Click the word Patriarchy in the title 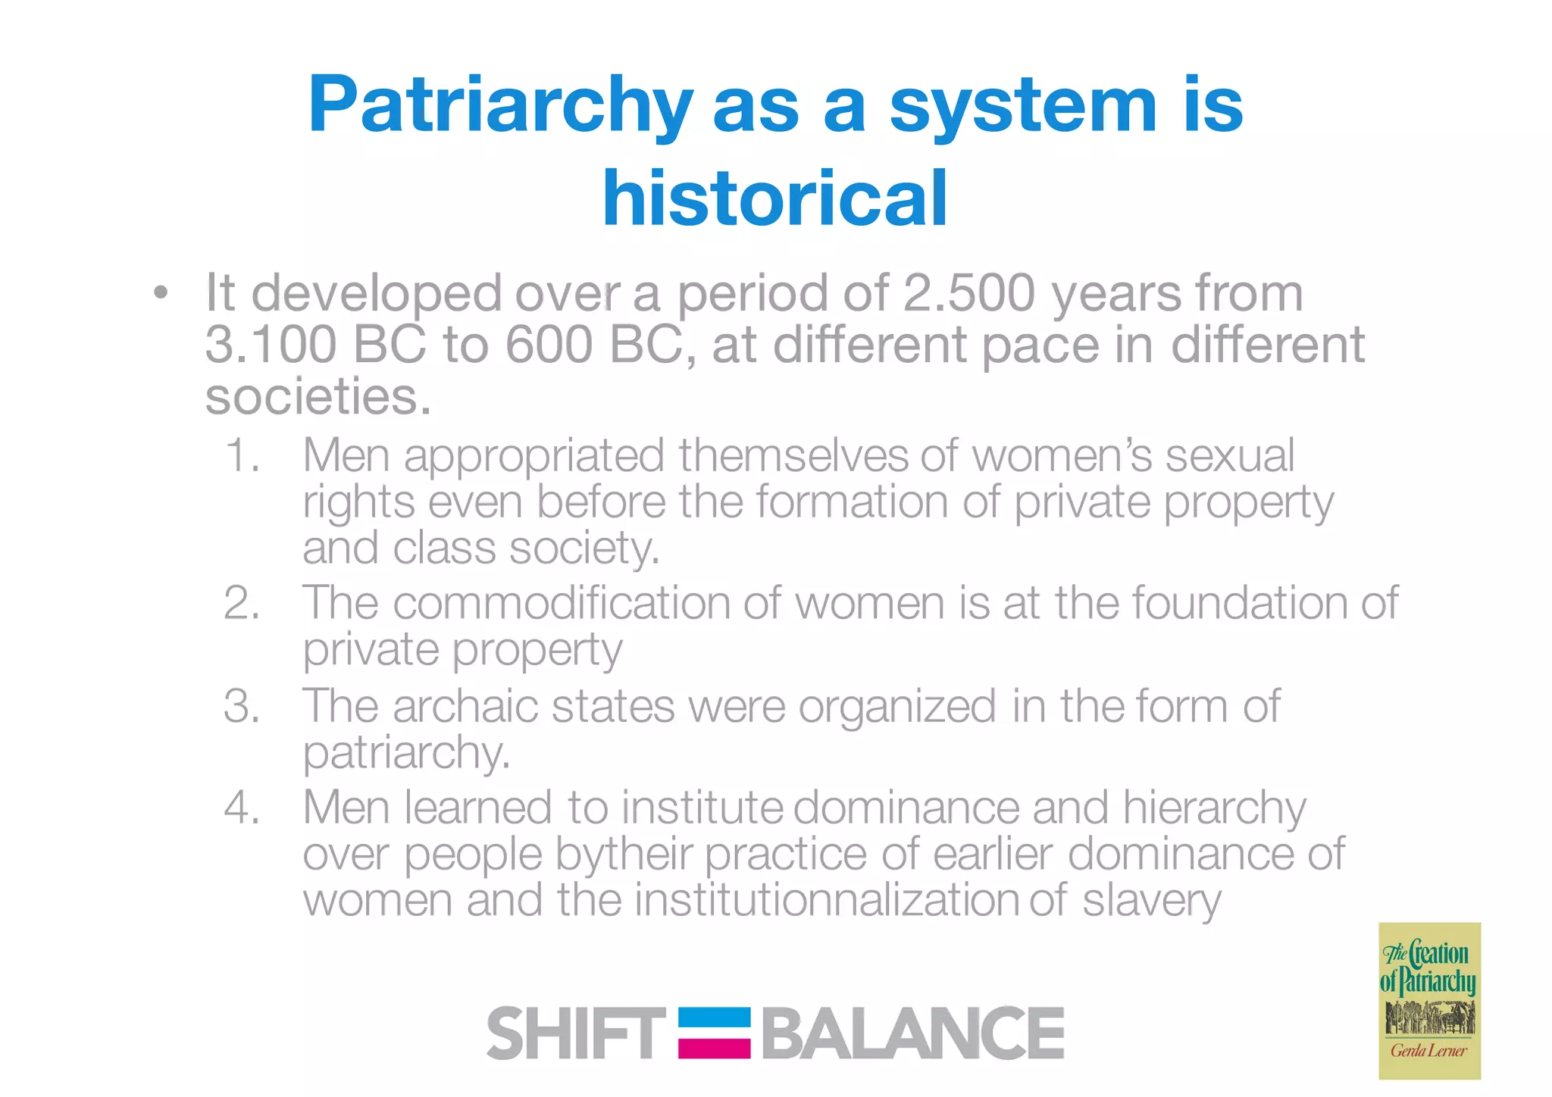500,106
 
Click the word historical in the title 774,198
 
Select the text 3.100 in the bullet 271,345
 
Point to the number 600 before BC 548,345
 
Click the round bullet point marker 159,293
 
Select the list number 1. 242,456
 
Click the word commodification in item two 561,604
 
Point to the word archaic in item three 465,707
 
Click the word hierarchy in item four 1214,809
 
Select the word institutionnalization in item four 827,900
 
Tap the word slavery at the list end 1151,902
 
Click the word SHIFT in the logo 576,1033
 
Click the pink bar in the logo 714,1048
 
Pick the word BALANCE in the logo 913,1033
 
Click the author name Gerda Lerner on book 1428,1051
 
